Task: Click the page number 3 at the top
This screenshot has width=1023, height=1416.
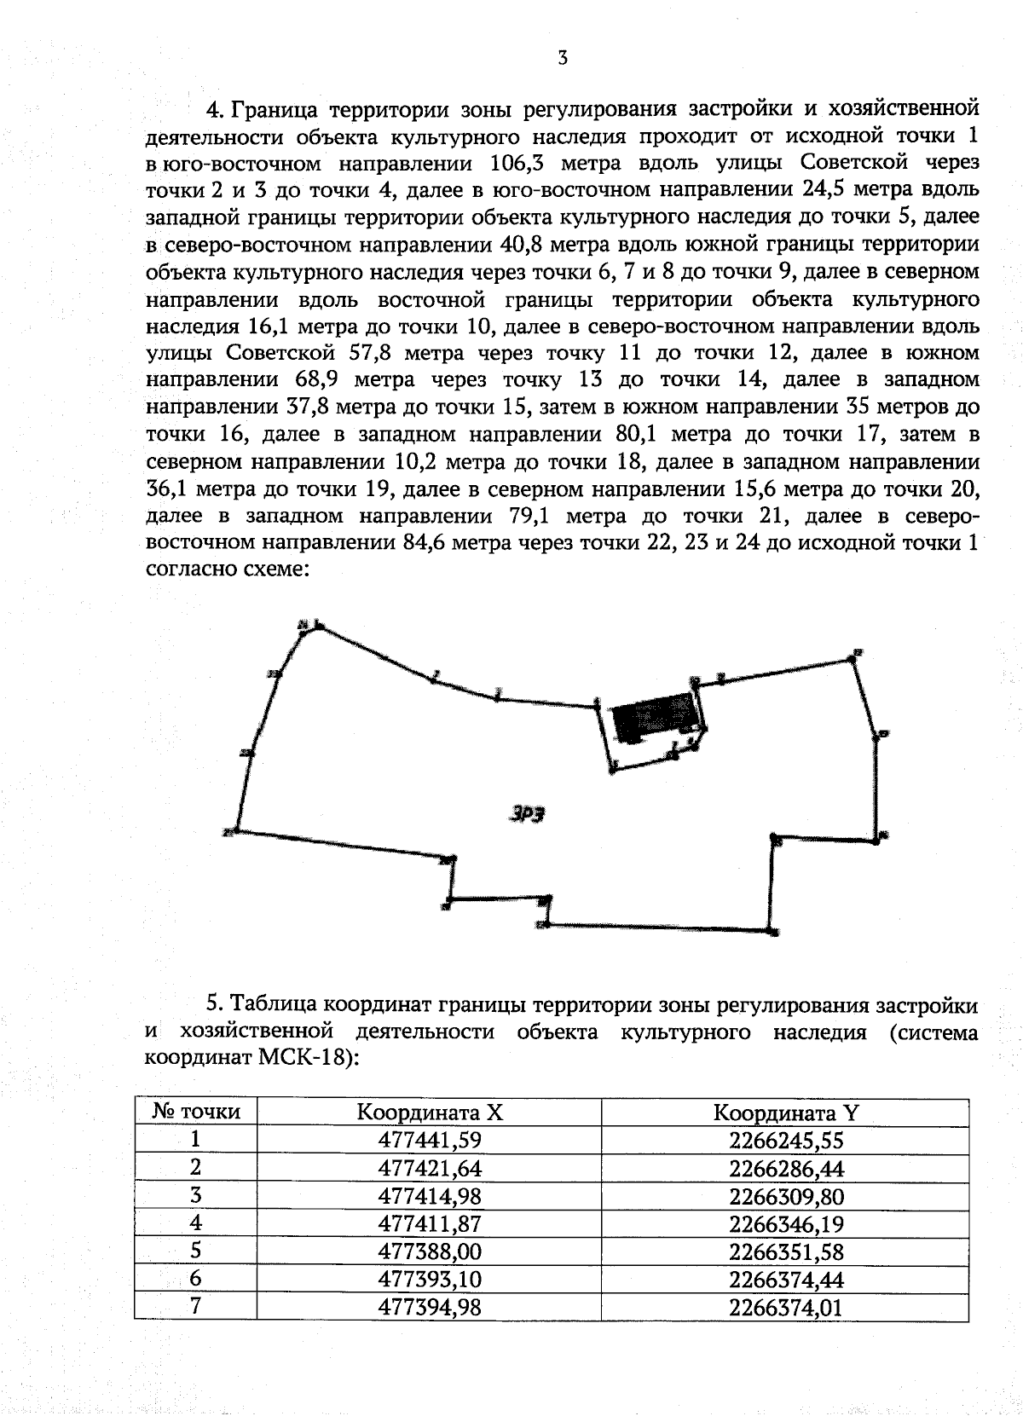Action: pos(562,58)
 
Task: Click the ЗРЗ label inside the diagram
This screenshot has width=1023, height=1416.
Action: pos(527,813)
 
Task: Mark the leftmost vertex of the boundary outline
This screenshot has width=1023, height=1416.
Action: pos(235,830)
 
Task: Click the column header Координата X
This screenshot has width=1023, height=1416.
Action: pos(429,1113)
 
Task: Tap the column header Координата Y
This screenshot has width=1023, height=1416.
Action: pos(785,1113)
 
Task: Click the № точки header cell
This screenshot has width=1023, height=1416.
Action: pos(196,1113)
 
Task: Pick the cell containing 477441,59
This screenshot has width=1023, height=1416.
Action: pos(429,1140)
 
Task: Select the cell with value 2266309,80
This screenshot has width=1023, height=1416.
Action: pos(785,1195)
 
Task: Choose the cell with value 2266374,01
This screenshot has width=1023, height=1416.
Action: pos(785,1307)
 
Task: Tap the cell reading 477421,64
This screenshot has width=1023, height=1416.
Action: pos(429,1168)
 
